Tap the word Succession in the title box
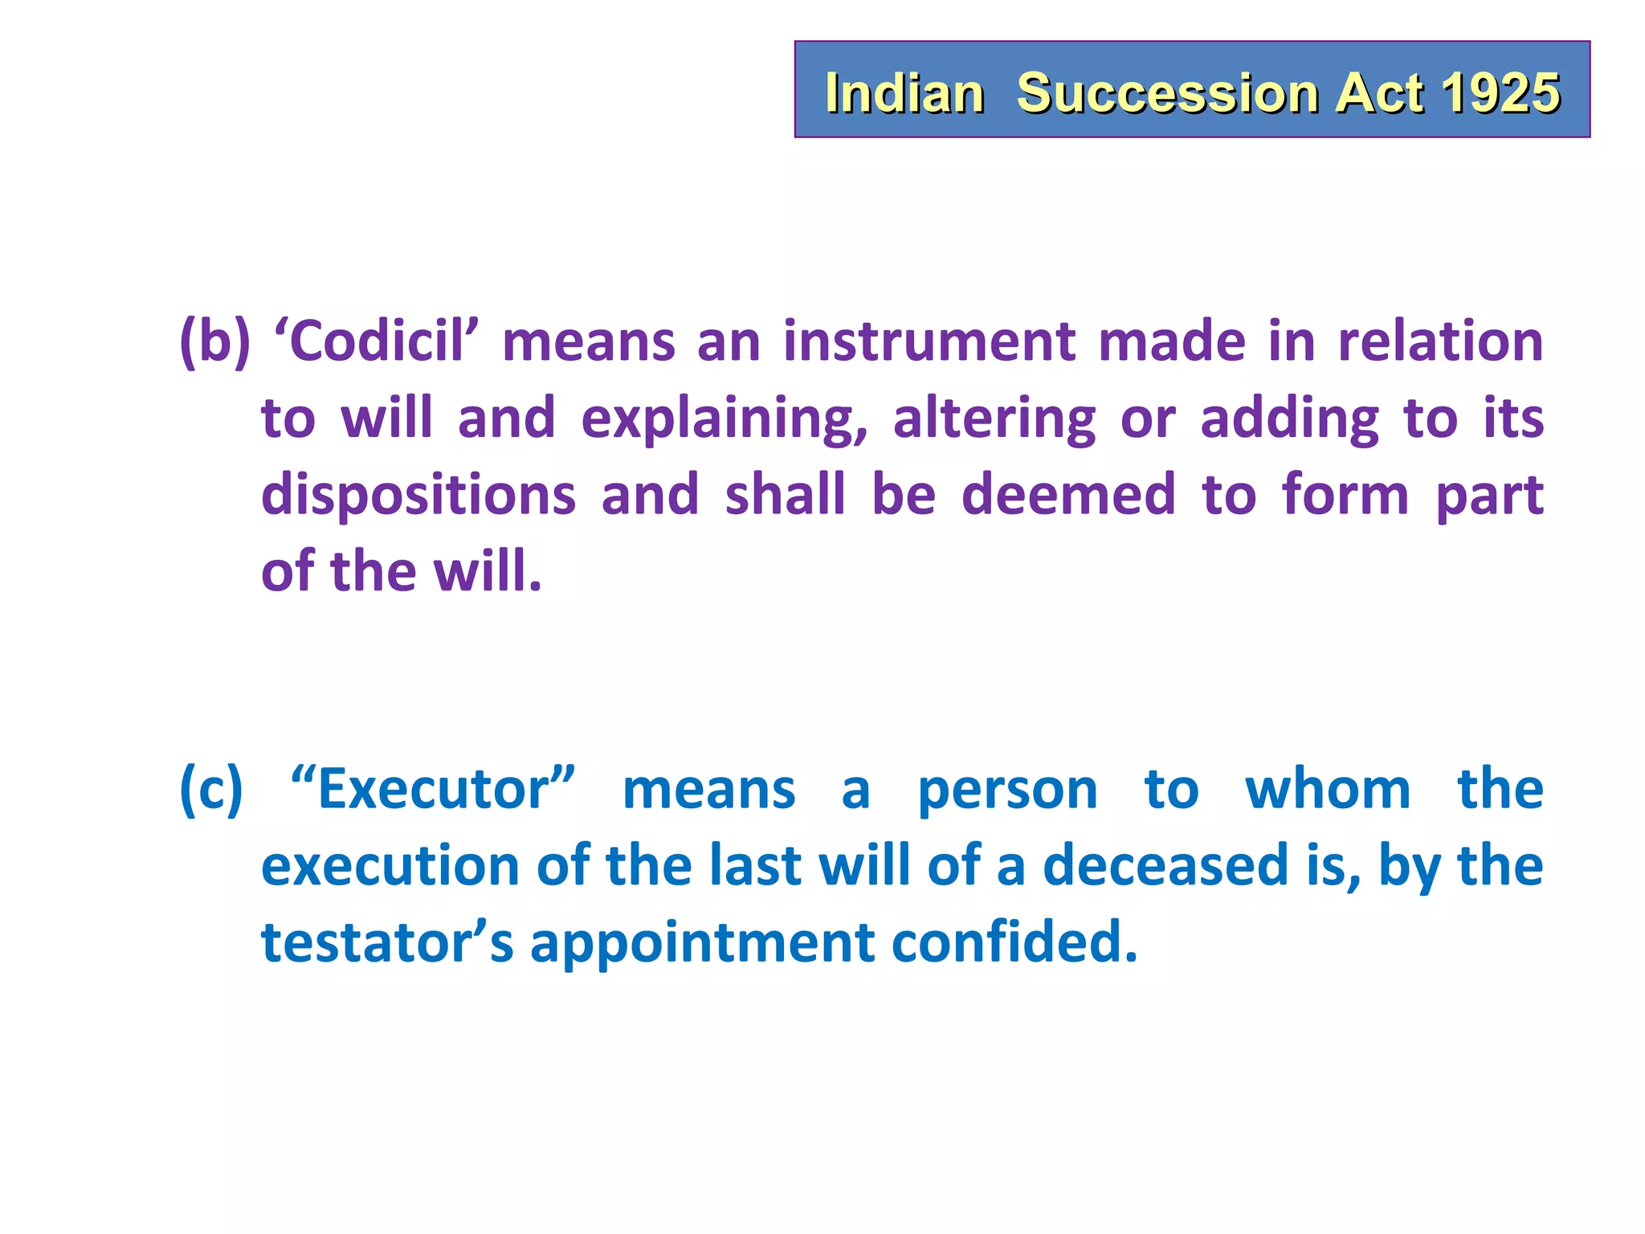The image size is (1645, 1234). pyautogui.click(x=1167, y=93)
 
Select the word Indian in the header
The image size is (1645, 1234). pyautogui.click(x=904, y=93)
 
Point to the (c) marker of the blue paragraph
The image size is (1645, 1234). pyautogui.click(x=210, y=791)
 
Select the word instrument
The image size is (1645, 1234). pyautogui.click(x=929, y=342)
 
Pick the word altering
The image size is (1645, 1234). pyautogui.click(x=994, y=419)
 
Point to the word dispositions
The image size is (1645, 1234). pyautogui.click(x=418, y=496)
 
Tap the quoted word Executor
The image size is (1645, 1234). pyautogui.click(x=433, y=791)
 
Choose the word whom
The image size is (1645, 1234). pyautogui.click(x=1328, y=791)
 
